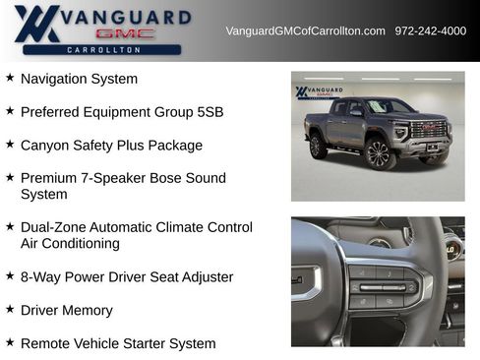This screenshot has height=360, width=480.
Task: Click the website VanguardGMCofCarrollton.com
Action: (x=305, y=31)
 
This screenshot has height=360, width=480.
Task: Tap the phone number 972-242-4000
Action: (x=431, y=31)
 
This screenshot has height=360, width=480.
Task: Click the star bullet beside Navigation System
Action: (x=10, y=78)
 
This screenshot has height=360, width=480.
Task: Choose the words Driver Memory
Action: (x=66, y=311)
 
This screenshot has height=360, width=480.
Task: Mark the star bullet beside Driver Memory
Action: (x=10, y=310)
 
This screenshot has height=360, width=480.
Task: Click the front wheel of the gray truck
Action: (x=378, y=153)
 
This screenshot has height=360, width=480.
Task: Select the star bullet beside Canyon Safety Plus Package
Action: (x=10, y=145)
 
